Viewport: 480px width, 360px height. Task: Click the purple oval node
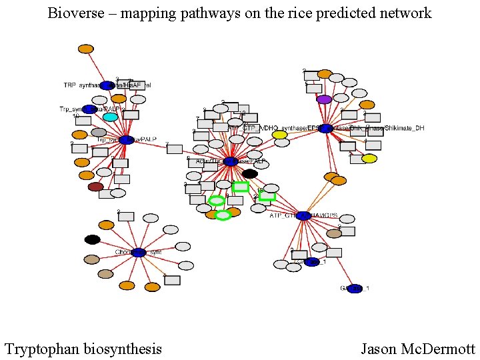(x=324, y=99)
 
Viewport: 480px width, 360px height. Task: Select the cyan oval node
(x=110, y=117)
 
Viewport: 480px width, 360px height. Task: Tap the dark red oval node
(x=96, y=187)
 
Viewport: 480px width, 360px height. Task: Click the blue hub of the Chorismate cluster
(x=139, y=253)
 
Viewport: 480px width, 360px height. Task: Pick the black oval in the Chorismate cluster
(x=93, y=239)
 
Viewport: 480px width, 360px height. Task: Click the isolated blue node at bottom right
(x=355, y=289)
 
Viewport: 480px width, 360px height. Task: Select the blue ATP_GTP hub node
(x=303, y=216)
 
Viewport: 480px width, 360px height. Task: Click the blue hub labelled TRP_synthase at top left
(x=107, y=85)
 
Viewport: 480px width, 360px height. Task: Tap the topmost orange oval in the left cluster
(x=85, y=49)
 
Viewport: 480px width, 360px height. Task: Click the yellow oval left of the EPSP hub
(x=279, y=135)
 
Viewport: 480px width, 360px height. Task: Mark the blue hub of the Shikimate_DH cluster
(x=326, y=128)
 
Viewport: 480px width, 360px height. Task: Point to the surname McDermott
(x=437, y=349)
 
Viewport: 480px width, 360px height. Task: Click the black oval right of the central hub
(x=250, y=173)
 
